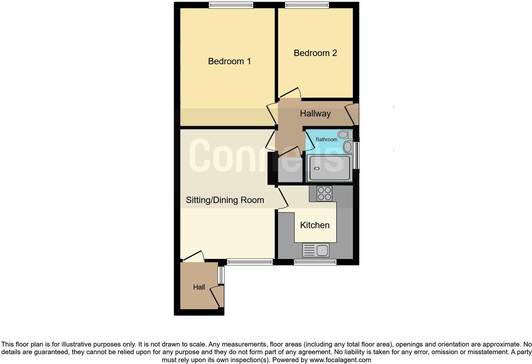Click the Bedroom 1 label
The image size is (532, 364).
(x=229, y=61)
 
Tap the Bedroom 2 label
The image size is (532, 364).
(x=315, y=53)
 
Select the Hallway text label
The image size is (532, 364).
(x=315, y=113)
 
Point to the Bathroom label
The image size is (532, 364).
(x=326, y=139)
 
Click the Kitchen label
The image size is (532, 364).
(x=315, y=225)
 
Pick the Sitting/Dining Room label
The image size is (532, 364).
(x=225, y=200)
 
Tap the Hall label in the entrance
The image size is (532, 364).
(x=199, y=287)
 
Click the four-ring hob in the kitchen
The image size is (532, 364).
(x=324, y=193)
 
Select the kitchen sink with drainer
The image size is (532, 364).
(x=316, y=250)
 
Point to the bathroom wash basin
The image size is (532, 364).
(x=348, y=147)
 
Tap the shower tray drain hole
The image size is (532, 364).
(x=317, y=168)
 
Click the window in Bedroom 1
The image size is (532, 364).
(x=231, y=5)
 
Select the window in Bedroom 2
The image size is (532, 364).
(x=307, y=5)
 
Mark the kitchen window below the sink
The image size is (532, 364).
(x=315, y=262)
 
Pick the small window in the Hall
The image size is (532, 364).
(x=221, y=275)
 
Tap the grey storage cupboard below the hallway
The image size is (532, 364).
(x=290, y=170)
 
